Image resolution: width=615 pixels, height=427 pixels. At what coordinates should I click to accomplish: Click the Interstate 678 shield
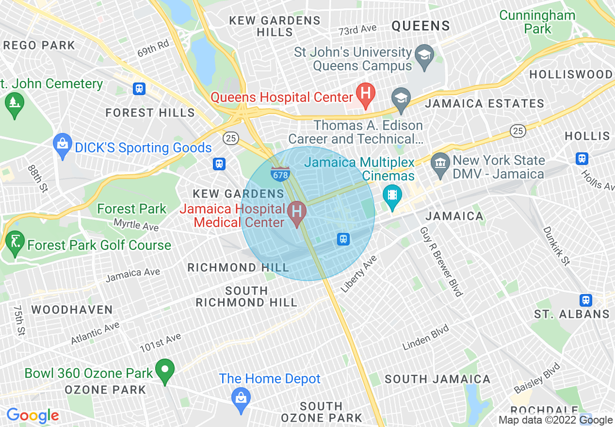(x=280, y=174)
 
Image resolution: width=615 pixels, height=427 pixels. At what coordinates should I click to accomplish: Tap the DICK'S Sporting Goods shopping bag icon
(x=63, y=145)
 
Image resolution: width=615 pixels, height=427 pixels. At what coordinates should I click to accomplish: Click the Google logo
(x=32, y=415)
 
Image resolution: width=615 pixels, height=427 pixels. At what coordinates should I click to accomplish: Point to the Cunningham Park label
(x=537, y=22)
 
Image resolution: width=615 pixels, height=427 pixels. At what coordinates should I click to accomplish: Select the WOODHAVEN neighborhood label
(x=72, y=310)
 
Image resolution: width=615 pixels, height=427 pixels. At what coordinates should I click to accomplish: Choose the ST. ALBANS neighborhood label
(x=572, y=314)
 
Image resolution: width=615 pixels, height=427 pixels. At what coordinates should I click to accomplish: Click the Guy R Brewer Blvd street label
(x=441, y=261)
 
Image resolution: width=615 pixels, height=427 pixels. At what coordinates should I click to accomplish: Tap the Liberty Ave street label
(x=358, y=274)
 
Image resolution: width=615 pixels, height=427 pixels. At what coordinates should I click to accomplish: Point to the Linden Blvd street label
(x=426, y=337)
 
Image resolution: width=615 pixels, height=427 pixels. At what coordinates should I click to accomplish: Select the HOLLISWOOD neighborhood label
(x=571, y=75)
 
